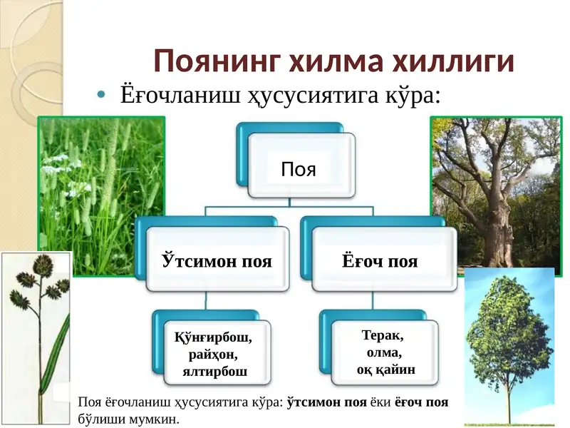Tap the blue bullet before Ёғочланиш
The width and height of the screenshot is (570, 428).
[x=101, y=95]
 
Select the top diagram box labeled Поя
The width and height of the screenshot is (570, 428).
[x=299, y=168]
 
